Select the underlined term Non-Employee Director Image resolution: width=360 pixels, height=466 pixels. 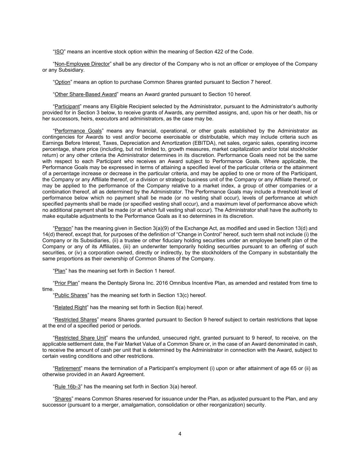82,64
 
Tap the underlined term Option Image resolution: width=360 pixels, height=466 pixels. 62,82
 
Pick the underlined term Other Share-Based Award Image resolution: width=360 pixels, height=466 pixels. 86,95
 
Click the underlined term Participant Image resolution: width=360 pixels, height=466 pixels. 67,107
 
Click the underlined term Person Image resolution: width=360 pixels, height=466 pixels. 63,228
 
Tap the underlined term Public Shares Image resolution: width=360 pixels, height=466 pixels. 71,295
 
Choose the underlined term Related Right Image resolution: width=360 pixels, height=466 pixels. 71,308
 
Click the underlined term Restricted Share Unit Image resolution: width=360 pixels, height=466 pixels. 81,338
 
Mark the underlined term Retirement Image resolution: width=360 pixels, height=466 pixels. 68,369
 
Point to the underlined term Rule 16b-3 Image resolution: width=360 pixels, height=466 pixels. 68,387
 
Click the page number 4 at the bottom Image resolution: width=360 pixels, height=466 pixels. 180,434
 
